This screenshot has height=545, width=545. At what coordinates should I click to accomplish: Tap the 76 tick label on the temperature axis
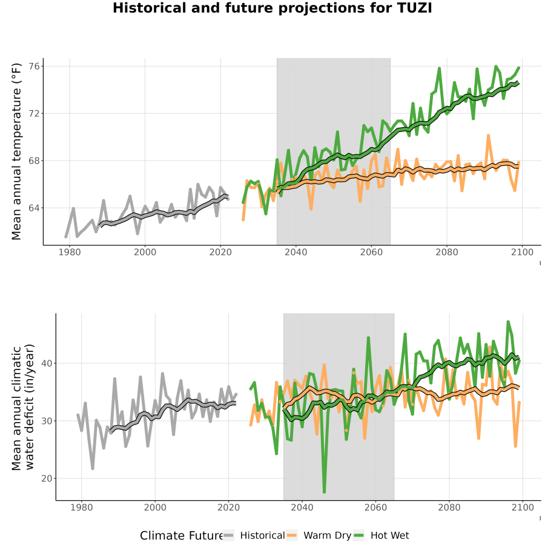[35, 66]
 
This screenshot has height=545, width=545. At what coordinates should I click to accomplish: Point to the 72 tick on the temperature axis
[35, 113]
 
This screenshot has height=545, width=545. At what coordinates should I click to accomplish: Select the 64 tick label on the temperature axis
[35, 208]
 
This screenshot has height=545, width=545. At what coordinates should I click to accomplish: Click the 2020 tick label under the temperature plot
[220, 252]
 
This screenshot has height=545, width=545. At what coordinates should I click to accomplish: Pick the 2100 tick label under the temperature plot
[522, 252]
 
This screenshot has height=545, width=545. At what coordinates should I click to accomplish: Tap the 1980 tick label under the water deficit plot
[82, 507]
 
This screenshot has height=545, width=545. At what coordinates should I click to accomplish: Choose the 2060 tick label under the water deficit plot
[375, 507]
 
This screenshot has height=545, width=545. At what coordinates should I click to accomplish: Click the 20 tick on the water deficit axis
[47, 478]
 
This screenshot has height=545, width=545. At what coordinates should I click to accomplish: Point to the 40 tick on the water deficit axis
[47, 363]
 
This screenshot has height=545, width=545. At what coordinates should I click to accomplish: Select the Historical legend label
[262, 535]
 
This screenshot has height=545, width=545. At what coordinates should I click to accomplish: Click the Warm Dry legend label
[328, 536]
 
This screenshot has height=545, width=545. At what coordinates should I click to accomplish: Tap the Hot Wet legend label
[389, 535]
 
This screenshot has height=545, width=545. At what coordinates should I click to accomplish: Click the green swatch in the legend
[358, 535]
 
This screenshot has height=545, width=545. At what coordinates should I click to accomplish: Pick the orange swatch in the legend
[292, 535]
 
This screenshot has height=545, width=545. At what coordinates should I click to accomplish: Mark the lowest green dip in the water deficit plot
[325, 492]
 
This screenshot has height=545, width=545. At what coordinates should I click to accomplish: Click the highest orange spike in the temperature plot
[488, 136]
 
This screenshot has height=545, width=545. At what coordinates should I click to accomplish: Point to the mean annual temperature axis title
[16, 151]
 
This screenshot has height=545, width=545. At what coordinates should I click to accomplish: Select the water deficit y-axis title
[22, 407]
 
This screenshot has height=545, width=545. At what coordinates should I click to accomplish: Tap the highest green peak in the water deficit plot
[508, 322]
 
